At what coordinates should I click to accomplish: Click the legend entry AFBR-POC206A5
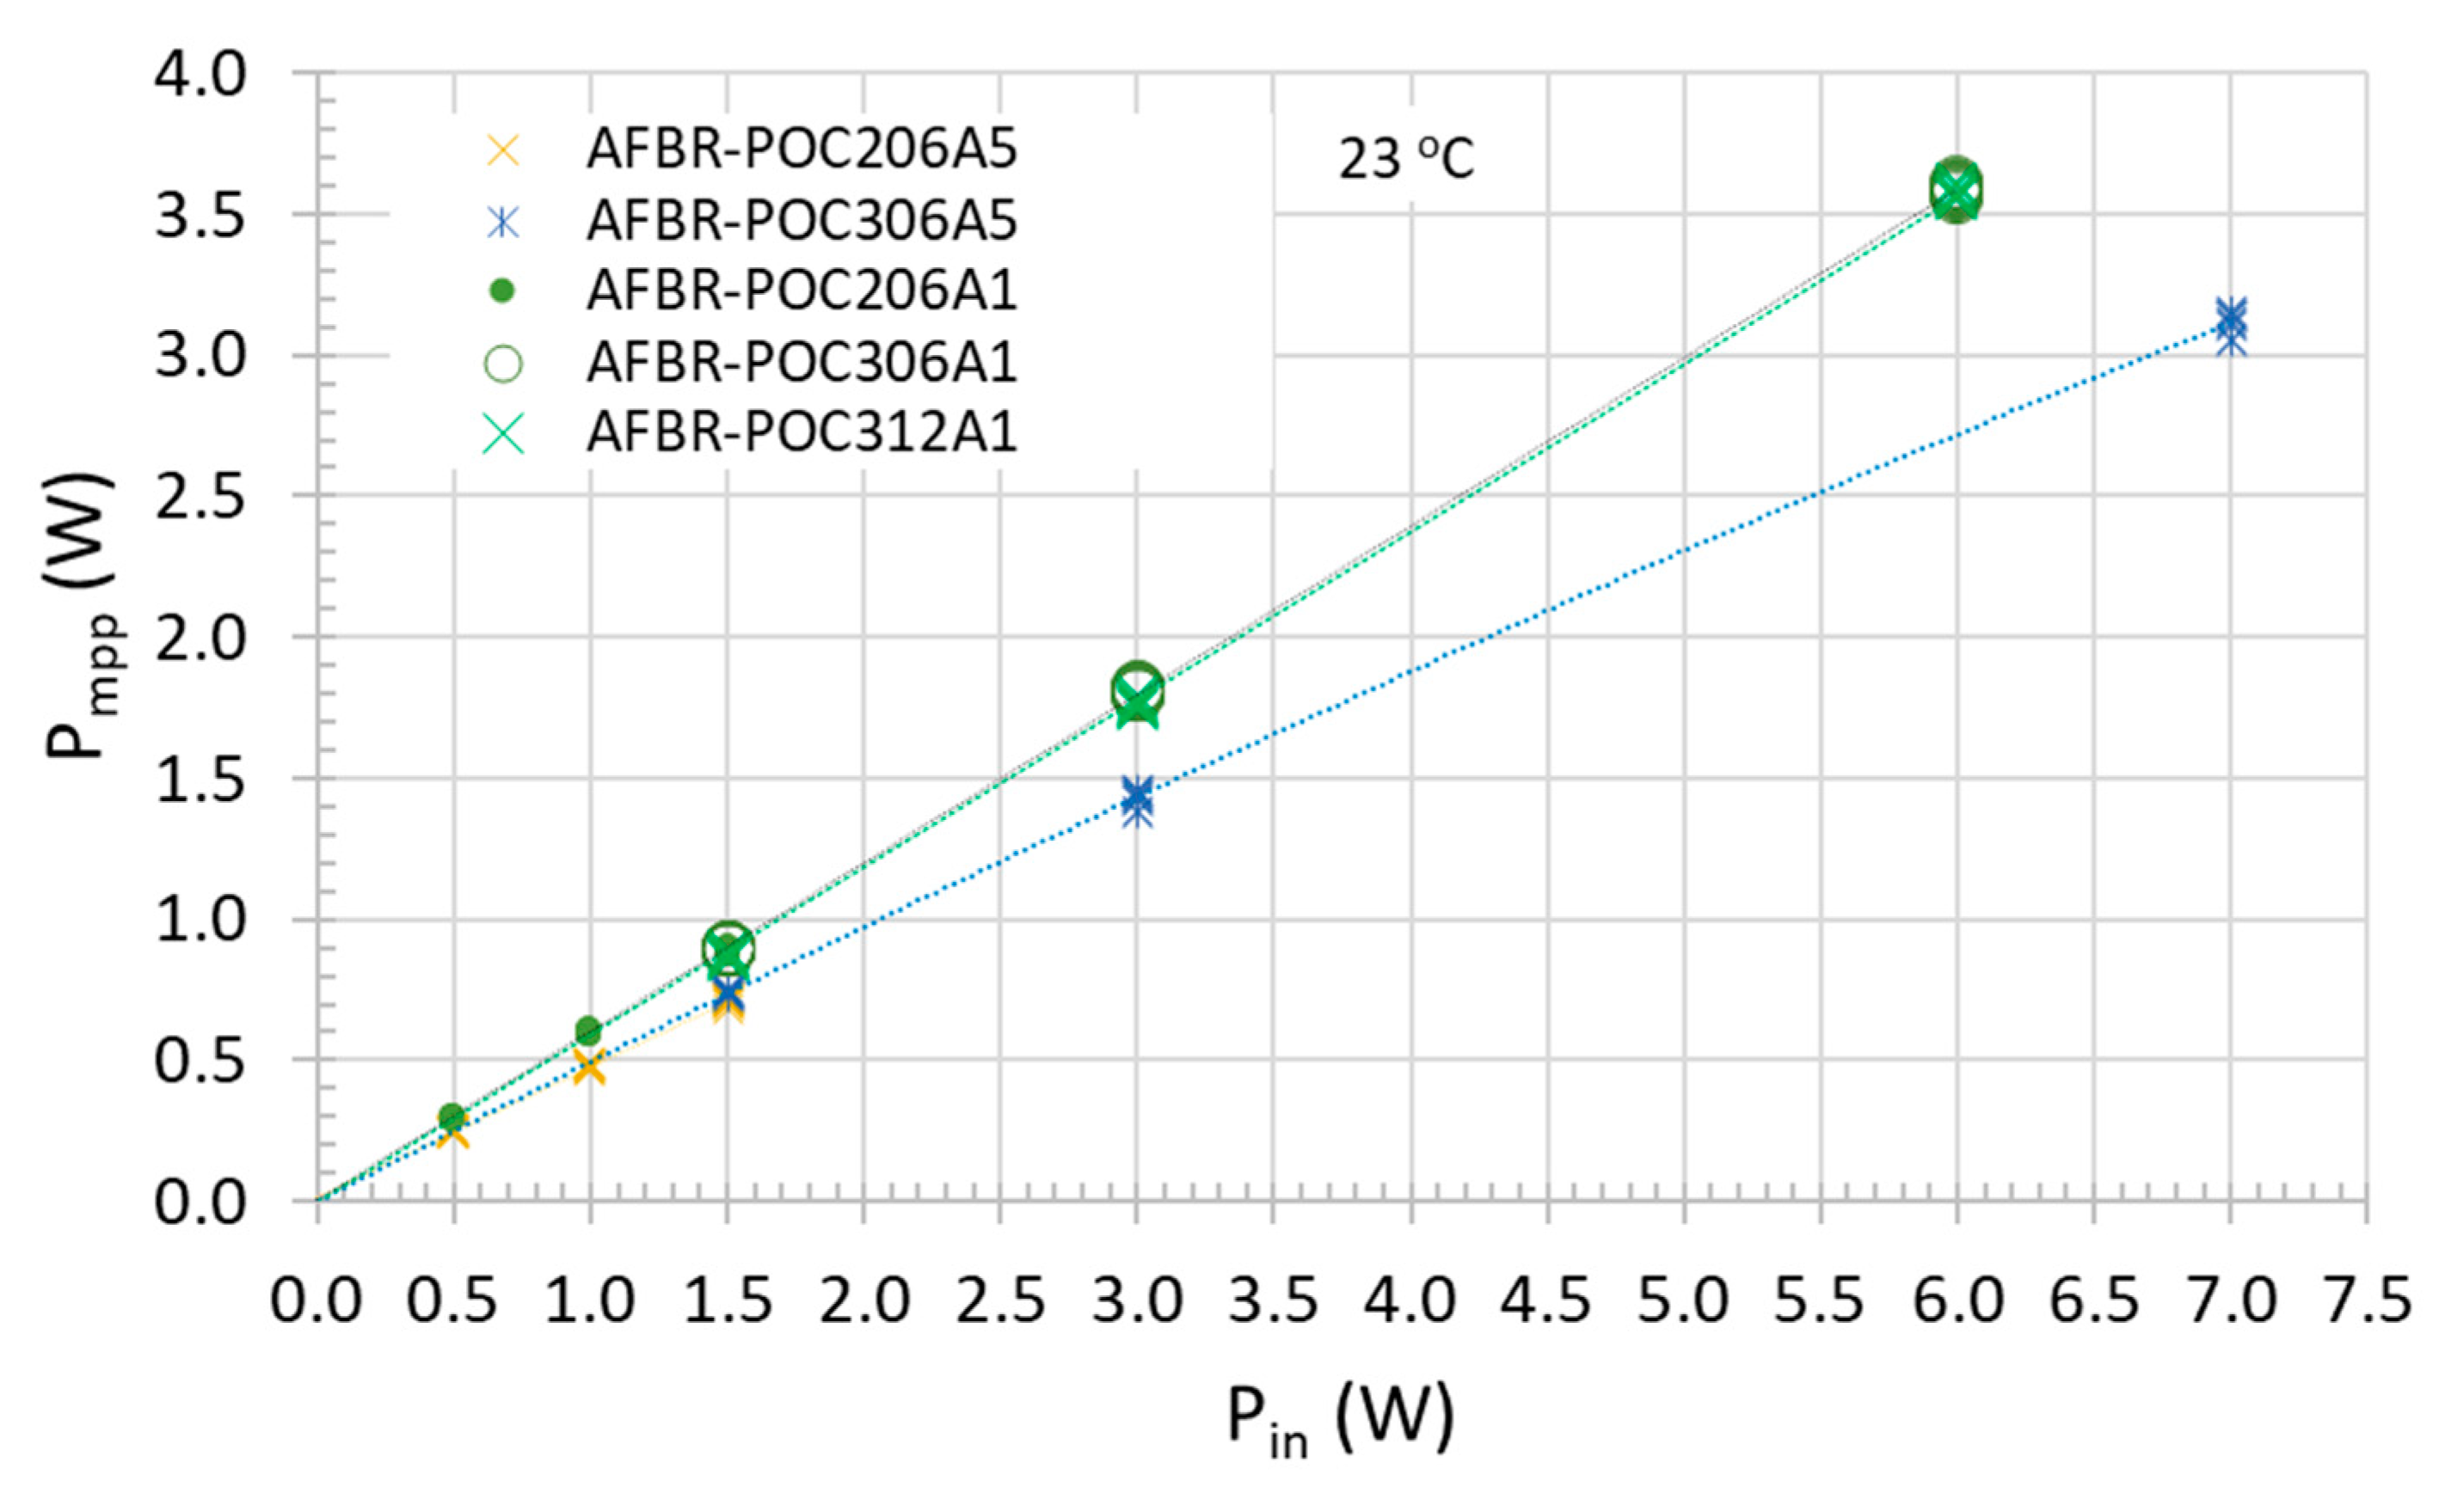click(802, 150)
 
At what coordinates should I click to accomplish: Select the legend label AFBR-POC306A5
click(802, 221)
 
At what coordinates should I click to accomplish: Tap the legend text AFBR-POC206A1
click(802, 291)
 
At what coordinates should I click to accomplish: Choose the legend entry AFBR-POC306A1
click(802, 362)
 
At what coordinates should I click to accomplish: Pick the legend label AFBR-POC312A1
click(802, 432)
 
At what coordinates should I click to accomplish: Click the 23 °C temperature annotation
click(1406, 159)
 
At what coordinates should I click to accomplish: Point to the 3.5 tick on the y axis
click(200, 215)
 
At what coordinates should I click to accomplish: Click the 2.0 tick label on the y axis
click(200, 638)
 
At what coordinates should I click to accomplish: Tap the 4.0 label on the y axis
click(200, 76)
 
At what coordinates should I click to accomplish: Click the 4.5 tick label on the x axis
click(1546, 1300)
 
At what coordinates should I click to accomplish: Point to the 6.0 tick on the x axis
click(1957, 1300)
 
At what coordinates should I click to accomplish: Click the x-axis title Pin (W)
click(1340, 1418)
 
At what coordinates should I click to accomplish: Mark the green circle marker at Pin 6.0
click(1956, 188)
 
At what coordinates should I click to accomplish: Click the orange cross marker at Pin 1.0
click(589, 1067)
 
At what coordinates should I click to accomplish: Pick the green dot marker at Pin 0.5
click(452, 1116)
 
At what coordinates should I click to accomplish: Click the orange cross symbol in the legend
click(503, 150)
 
